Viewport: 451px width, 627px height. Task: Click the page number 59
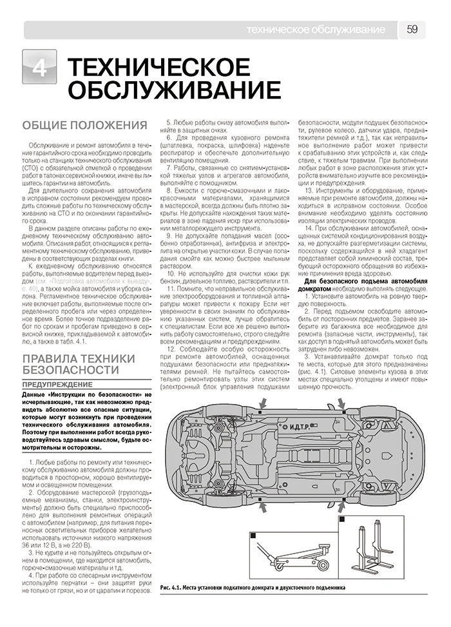point(414,29)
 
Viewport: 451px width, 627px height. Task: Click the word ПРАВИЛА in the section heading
point(54,358)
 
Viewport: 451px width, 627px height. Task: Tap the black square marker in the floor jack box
point(253,535)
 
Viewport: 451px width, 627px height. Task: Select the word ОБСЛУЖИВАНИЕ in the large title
point(173,92)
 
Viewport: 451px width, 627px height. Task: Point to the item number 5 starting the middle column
point(168,121)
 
